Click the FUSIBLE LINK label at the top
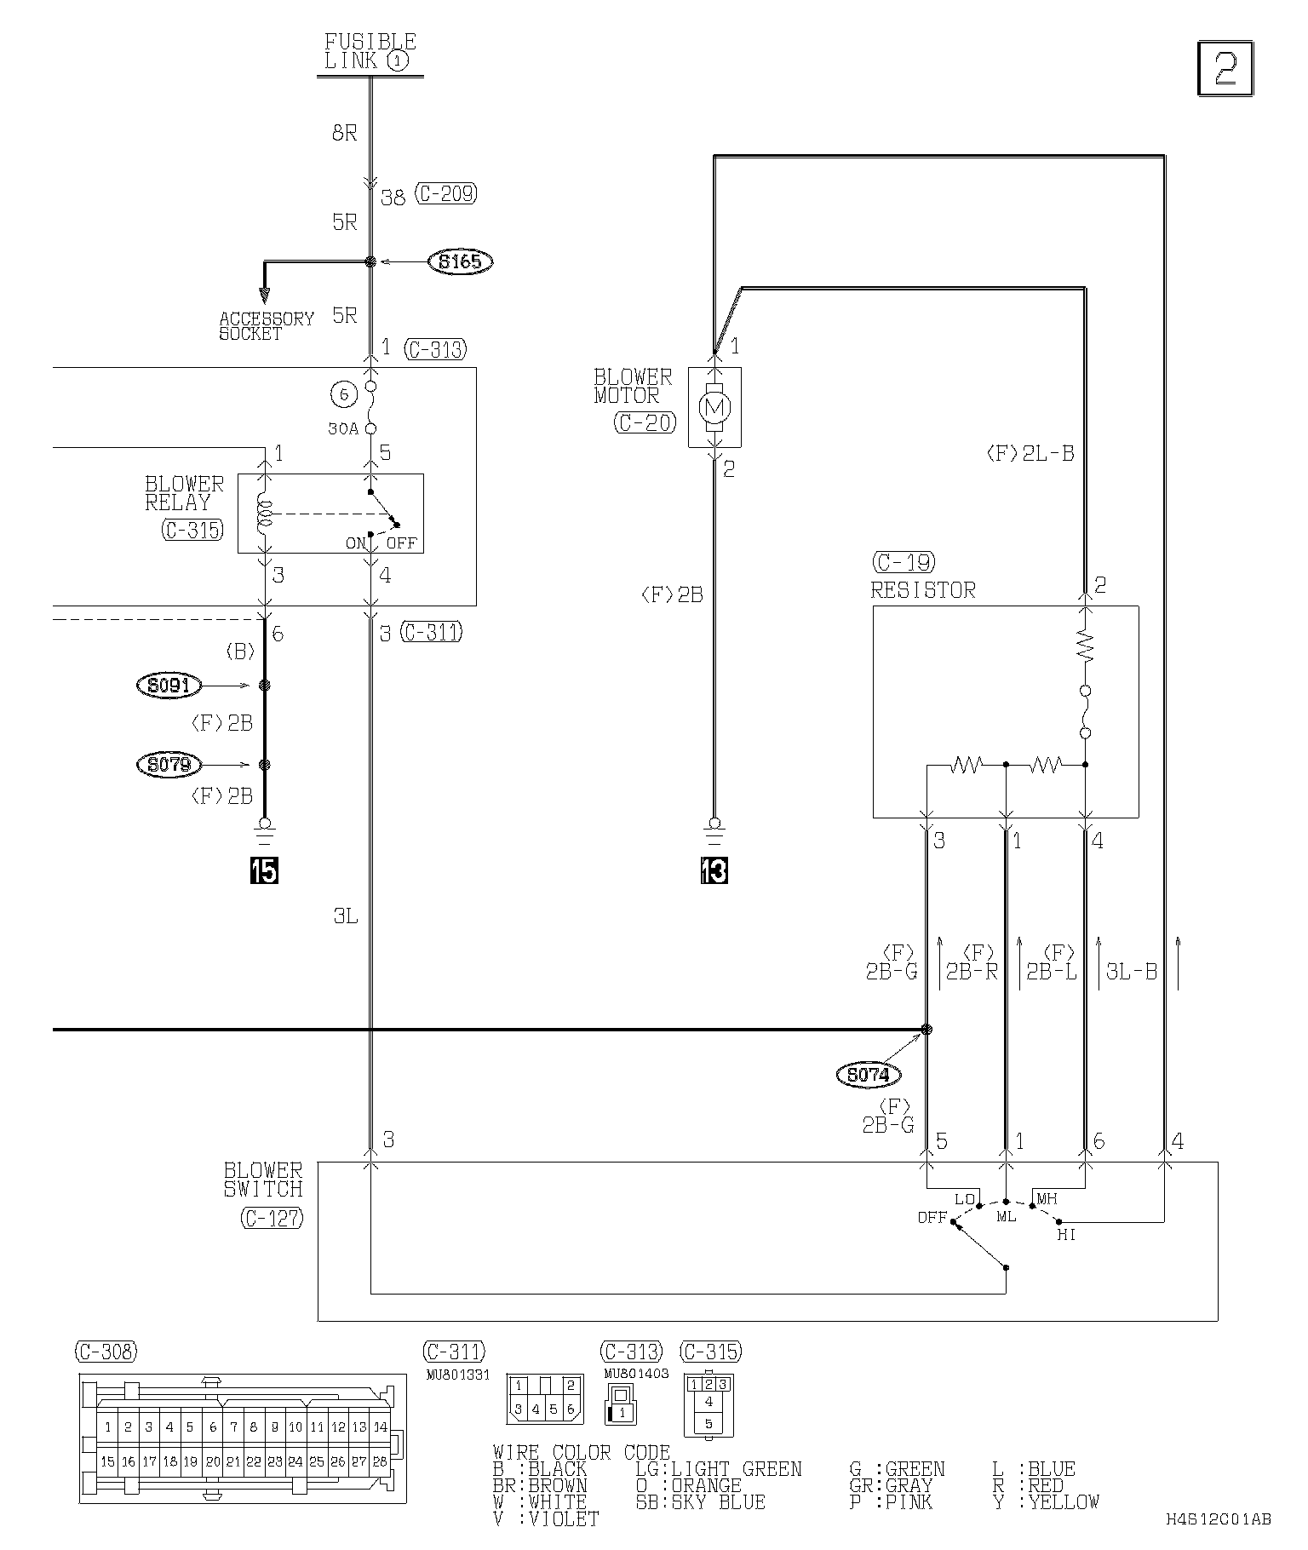pyautogui.click(x=370, y=51)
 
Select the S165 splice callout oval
pyautogui.click(x=461, y=261)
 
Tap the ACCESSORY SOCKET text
pyautogui.click(x=267, y=326)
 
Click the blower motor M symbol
pyautogui.click(x=714, y=408)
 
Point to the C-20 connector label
pyautogui.click(x=645, y=422)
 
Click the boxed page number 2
pyautogui.click(x=1225, y=68)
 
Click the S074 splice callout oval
pyautogui.click(x=869, y=1075)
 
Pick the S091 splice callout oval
pyautogui.click(x=169, y=685)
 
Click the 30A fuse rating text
pyautogui.click(x=343, y=429)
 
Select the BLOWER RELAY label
pyautogui.click(x=184, y=494)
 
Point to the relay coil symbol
pyautogui.click(x=265, y=514)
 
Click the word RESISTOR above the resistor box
pyautogui.click(x=923, y=590)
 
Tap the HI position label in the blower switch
pyautogui.click(x=1066, y=1234)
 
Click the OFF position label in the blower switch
pyautogui.click(x=932, y=1217)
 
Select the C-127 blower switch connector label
pyautogui.click(x=272, y=1219)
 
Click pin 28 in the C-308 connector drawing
pyautogui.click(x=380, y=1461)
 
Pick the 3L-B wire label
pyautogui.click(x=1131, y=971)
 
